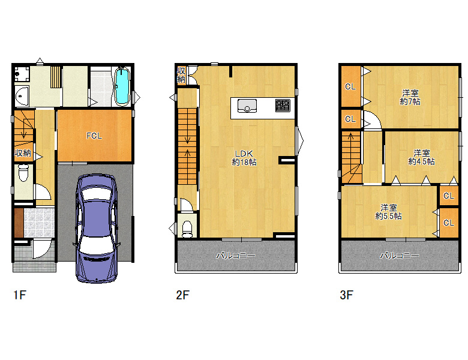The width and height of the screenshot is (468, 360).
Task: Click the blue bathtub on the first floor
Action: pos(122,86)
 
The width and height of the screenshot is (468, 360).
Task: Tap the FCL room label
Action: pos(94,136)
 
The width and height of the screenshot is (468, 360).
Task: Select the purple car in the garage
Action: pos(96,229)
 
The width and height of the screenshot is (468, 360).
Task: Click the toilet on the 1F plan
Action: pos(23,174)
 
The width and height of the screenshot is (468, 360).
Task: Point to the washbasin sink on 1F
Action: pos(22,96)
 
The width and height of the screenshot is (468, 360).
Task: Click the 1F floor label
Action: pos(20,295)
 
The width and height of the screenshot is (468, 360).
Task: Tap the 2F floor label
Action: pos(182,295)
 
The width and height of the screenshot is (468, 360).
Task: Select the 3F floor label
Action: pos(347,295)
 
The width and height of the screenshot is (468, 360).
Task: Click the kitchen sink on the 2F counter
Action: pos(247,106)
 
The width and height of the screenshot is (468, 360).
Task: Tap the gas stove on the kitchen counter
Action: pos(283,106)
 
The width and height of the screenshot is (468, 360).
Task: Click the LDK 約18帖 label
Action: pos(244,158)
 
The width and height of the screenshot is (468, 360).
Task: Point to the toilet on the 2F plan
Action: pos(187,229)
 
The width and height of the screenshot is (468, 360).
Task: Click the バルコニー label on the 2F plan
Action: pos(236,256)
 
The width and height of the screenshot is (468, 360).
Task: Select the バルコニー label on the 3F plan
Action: pos(400,256)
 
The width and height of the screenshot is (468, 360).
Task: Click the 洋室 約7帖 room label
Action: pos(410,97)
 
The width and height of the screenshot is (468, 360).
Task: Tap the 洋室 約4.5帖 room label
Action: pos(421,157)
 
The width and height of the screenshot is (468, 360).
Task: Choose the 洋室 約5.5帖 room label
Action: pos(388,212)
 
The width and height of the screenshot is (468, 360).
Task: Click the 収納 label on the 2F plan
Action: pos(181,75)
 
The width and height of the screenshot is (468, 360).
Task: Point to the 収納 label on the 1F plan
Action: pos(23,153)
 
